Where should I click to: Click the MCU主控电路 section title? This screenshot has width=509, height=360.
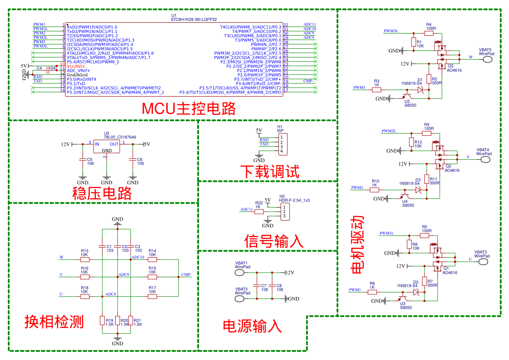[x=189, y=109]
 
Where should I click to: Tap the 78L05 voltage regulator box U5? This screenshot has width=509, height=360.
[x=107, y=146]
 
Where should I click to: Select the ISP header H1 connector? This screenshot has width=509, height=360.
[x=283, y=144]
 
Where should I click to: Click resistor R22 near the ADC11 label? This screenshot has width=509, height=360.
[x=259, y=212]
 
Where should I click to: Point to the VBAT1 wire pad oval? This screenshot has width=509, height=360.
[x=239, y=273]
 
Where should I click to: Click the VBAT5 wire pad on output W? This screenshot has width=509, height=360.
[x=487, y=59]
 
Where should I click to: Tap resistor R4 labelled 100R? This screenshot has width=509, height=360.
[x=429, y=33]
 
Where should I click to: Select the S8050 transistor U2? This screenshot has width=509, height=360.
[x=406, y=96]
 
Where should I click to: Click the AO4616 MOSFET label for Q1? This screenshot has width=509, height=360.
[x=450, y=273]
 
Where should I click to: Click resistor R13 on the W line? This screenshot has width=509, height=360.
[x=85, y=259]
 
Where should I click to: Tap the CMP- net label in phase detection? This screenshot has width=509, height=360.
[x=186, y=275]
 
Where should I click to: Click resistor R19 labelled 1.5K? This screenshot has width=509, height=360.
[x=102, y=320]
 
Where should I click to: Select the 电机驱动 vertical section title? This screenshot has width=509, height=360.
[x=357, y=245]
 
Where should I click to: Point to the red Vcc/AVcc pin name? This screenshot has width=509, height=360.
[x=76, y=66]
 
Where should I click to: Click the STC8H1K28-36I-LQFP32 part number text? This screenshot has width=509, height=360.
[x=194, y=20]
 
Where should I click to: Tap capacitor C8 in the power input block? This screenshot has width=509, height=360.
[x=272, y=286]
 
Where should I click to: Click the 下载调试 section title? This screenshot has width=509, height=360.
[x=270, y=172]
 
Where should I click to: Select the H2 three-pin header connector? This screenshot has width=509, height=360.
[x=285, y=212]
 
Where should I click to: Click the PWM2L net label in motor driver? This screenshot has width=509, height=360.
[x=388, y=131]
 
